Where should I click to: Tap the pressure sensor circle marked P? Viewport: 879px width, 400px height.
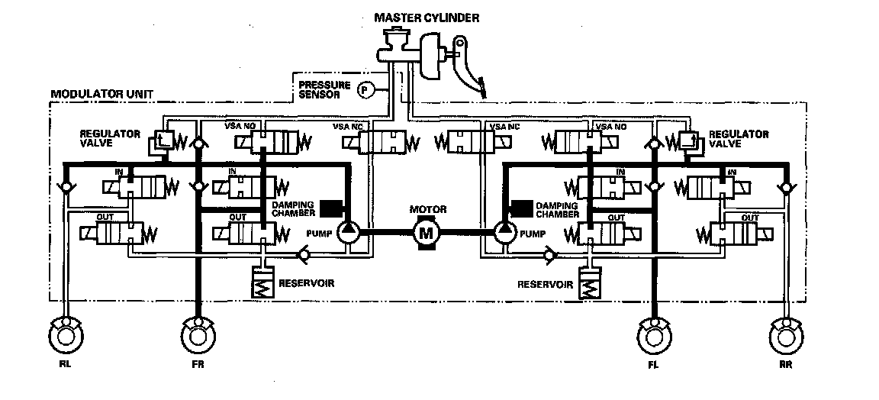click(x=365, y=90)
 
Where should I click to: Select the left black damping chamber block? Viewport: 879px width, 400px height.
click(x=332, y=208)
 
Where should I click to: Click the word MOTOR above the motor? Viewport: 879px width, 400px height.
click(x=427, y=209)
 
